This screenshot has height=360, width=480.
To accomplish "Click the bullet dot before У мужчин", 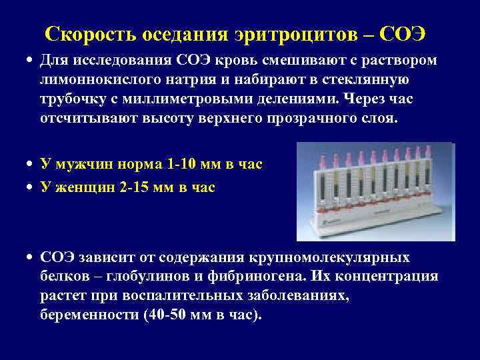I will [31, 164].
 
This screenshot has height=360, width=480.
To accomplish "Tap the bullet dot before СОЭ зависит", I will [31, 258].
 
